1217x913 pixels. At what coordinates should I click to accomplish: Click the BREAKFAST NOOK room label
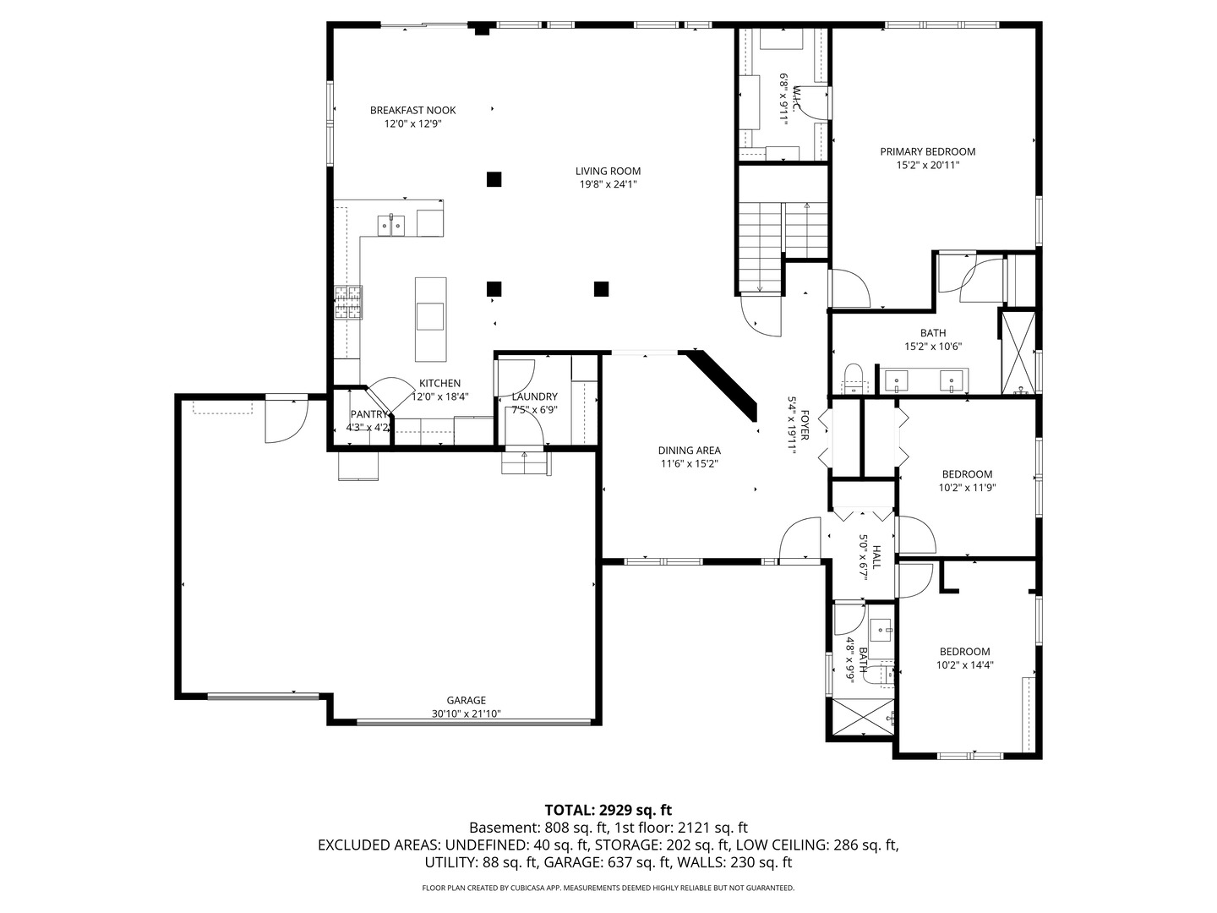tap(412, 110)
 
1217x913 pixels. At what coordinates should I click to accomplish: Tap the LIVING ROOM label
tap(608, 171)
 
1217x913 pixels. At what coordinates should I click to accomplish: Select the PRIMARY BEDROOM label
tap(927, 152)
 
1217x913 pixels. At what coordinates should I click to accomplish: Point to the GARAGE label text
tap(466, 700)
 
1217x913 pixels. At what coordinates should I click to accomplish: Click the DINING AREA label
tap(689, 451)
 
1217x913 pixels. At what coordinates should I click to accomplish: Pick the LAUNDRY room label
tap(534, 396)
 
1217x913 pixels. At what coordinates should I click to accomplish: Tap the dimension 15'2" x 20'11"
tap(927, 166)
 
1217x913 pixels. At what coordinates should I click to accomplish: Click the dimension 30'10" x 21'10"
tap(466, 713)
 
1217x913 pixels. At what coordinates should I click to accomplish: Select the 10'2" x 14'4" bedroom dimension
tap(964, 664)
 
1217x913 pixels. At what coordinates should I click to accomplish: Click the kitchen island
tap(429, 318)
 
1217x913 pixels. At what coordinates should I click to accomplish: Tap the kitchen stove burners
tap(348, 303)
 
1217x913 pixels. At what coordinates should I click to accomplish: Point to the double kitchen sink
tap(391, 225)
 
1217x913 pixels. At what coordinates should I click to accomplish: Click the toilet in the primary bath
tap(854, 379)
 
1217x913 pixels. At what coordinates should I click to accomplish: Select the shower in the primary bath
tap(1018, 353)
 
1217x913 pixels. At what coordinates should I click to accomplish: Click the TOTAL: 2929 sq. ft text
tap(608, 810)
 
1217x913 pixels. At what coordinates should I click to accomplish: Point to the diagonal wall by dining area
tap(723, 385)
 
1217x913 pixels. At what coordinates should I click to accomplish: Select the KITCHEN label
tap(439, 383)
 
